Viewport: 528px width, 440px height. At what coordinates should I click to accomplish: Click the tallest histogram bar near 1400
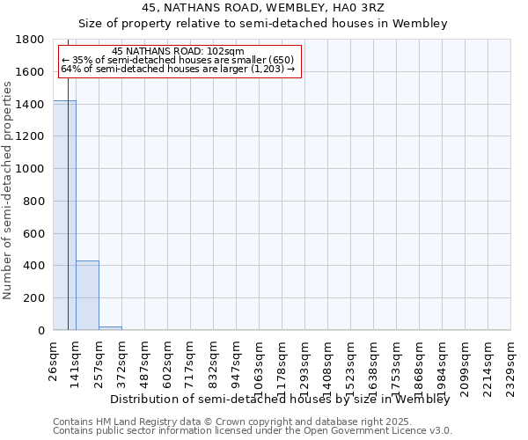(x=64, y=216)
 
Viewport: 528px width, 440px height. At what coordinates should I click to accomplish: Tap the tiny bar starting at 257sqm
(x=110, y=328)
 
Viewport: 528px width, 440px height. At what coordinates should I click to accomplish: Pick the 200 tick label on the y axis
(x=34, y=298)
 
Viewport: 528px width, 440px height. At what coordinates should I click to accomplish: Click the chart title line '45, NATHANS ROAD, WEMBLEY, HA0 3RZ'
(x=263, y=9)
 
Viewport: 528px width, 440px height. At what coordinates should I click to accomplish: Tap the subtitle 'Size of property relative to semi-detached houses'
(x=263, y=24)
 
